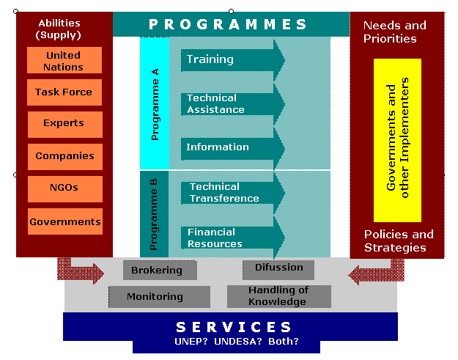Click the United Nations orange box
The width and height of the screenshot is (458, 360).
64,60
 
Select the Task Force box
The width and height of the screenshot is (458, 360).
64,92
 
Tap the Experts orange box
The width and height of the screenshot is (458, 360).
65,125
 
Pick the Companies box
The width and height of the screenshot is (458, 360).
65,157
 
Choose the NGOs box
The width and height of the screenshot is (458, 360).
65,189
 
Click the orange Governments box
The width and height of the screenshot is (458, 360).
65,221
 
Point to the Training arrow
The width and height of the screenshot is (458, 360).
233,60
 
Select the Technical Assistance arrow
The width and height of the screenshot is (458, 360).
233,104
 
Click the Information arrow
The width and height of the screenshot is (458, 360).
233,149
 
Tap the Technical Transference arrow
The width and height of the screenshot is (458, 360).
233,193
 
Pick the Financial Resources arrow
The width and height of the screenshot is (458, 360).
233,238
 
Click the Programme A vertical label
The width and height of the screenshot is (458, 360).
155,104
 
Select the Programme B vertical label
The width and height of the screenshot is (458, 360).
153,215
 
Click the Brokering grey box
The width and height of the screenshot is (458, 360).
160,271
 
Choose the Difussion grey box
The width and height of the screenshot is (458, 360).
278,270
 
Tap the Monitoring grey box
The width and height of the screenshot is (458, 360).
160,297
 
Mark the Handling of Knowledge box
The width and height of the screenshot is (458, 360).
279,296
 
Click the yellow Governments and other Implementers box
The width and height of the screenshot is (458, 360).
397,140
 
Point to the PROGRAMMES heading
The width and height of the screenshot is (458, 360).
228,24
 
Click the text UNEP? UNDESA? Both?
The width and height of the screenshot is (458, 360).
237,341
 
